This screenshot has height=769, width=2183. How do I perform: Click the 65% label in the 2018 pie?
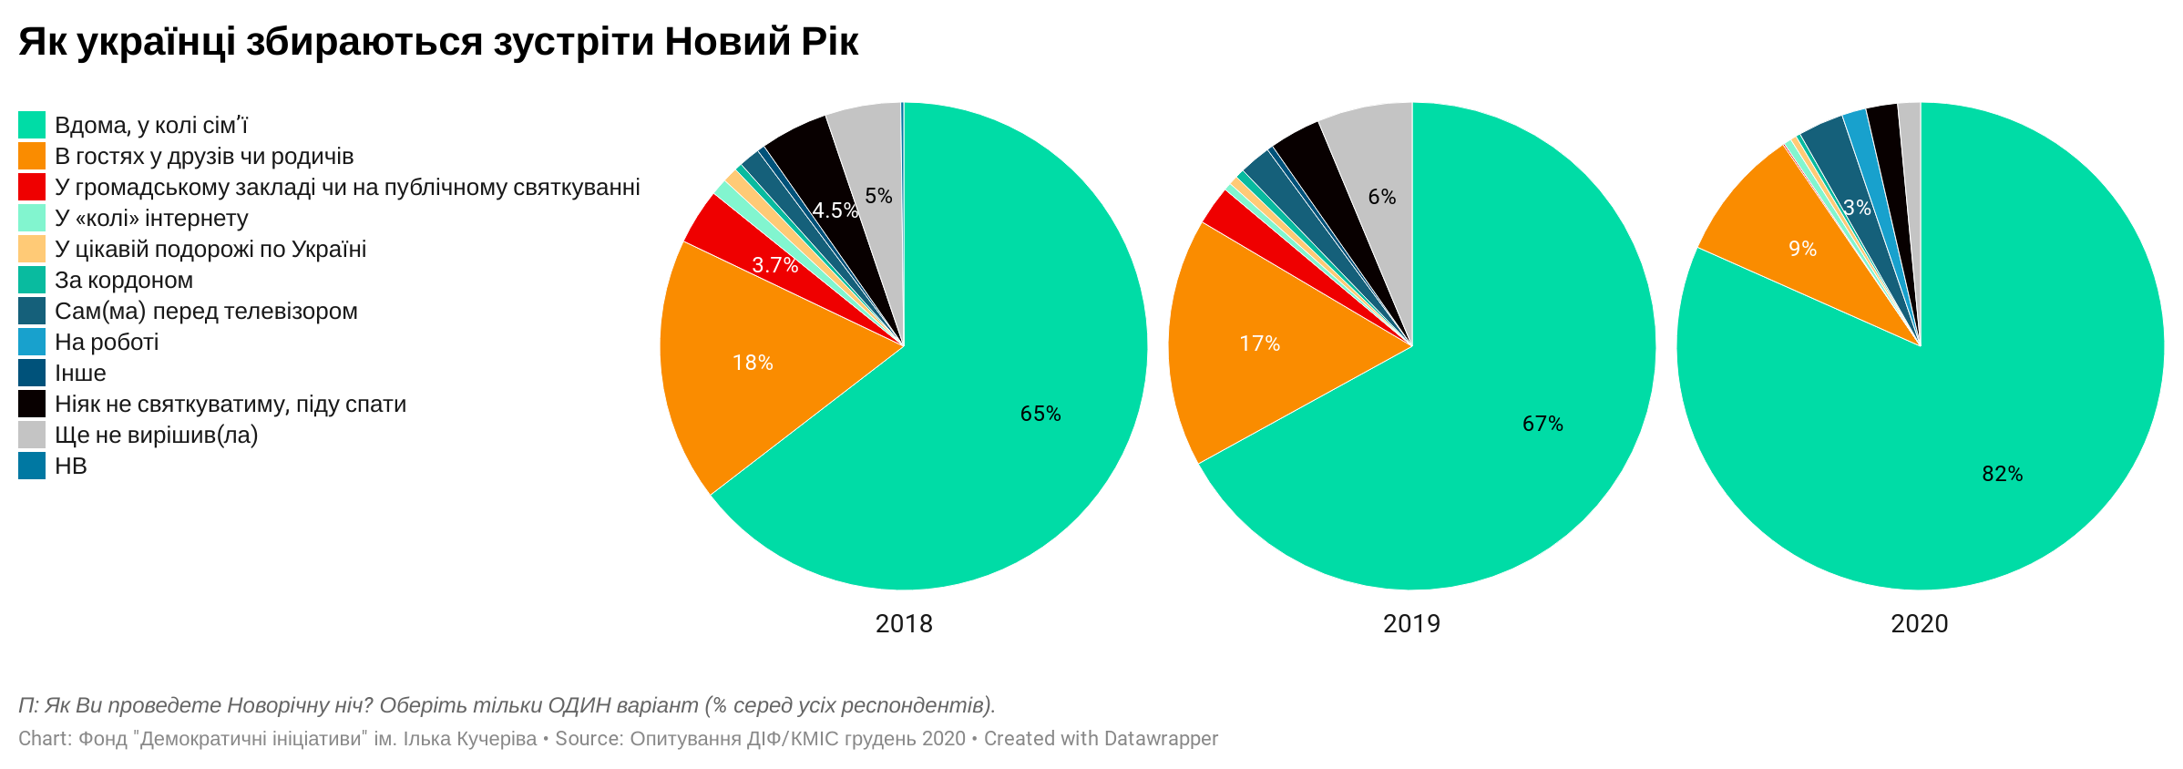[x=1040, y=414]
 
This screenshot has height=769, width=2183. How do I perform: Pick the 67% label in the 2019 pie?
[x=1542, y=424]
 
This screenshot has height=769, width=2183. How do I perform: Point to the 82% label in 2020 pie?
[x=2002, y=474]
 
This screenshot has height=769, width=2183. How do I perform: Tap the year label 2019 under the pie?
[x=1411, y=623]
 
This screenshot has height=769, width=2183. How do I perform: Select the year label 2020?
[x=1919, y=623]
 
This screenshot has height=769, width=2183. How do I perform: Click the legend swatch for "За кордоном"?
[x=32, y=280]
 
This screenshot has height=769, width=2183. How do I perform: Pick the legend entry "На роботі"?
[x=107, y=342]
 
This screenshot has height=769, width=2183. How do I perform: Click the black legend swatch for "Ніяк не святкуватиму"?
[x=32, y=404]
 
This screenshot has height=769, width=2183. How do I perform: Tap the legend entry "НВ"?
[x=71, y=466]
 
